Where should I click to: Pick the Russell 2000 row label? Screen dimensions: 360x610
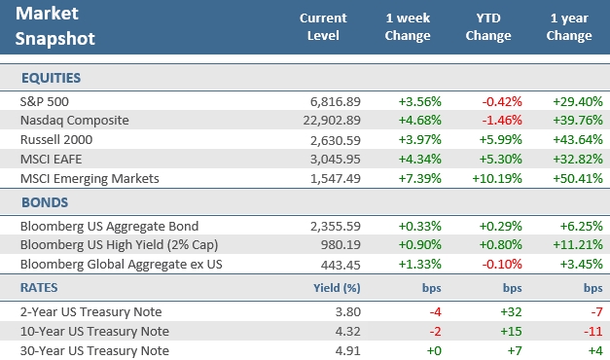[55, 139]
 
